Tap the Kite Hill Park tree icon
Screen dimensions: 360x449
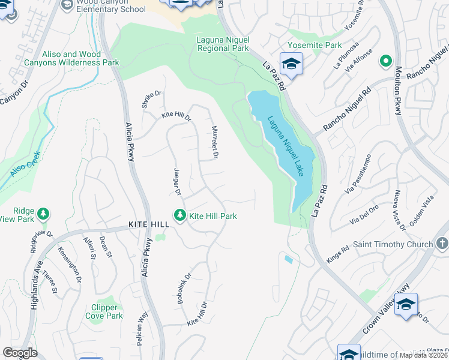(179, 215)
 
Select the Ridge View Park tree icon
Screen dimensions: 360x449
(43, 214)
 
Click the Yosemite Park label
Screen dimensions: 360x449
(315, 45)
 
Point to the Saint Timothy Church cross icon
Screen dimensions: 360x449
(442, 244)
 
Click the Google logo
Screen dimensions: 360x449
(20, 353)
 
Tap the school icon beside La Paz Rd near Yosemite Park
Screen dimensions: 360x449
(291, 64)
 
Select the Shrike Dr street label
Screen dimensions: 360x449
(152, 98)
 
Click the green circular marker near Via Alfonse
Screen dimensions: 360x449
(386, 60)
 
